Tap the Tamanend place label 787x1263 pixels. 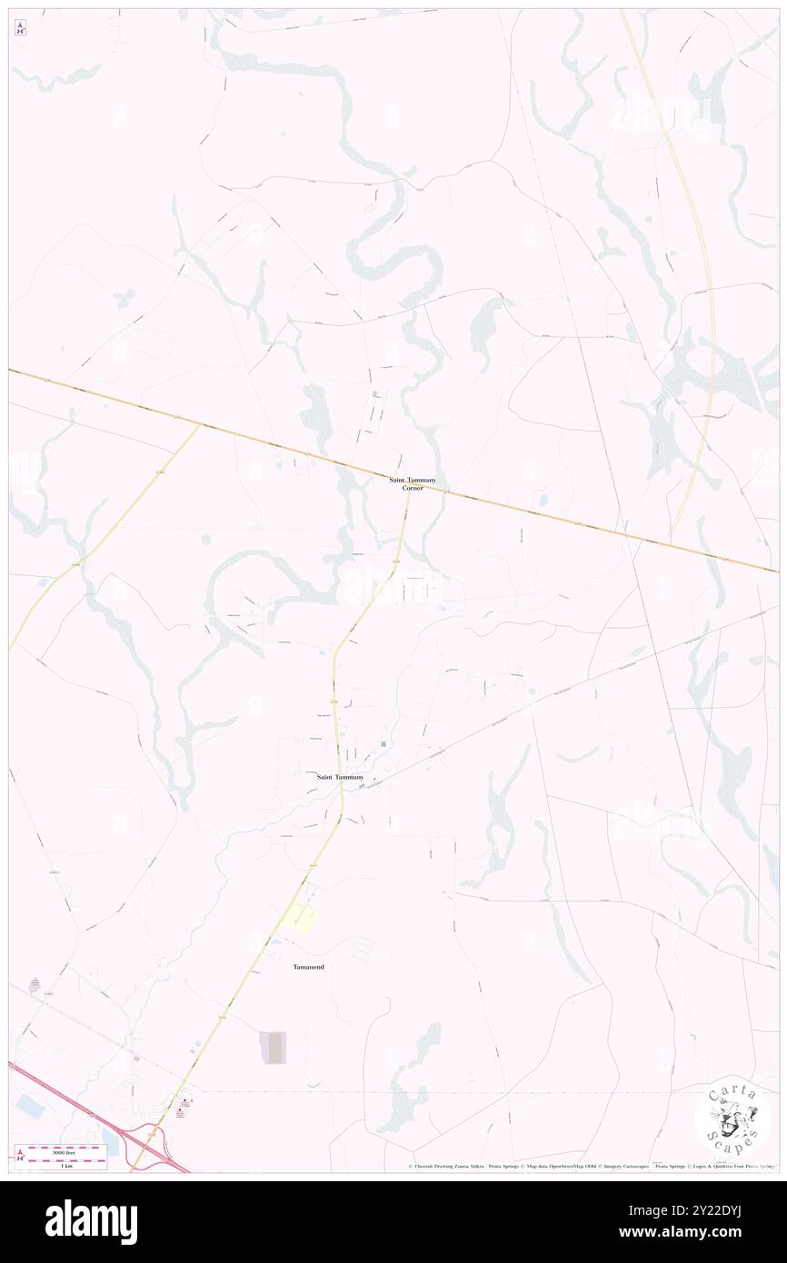(308, 967)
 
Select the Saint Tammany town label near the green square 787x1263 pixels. (340, 778)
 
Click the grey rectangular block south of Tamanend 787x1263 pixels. (274, 1048)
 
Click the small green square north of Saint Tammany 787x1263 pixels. (384, 744)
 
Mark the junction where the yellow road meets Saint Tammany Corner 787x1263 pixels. (408, 496)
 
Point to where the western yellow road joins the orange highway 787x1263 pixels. (201, 423)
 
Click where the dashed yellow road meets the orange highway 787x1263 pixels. (672, 544)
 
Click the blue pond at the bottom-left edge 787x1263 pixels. (27, 1106)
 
